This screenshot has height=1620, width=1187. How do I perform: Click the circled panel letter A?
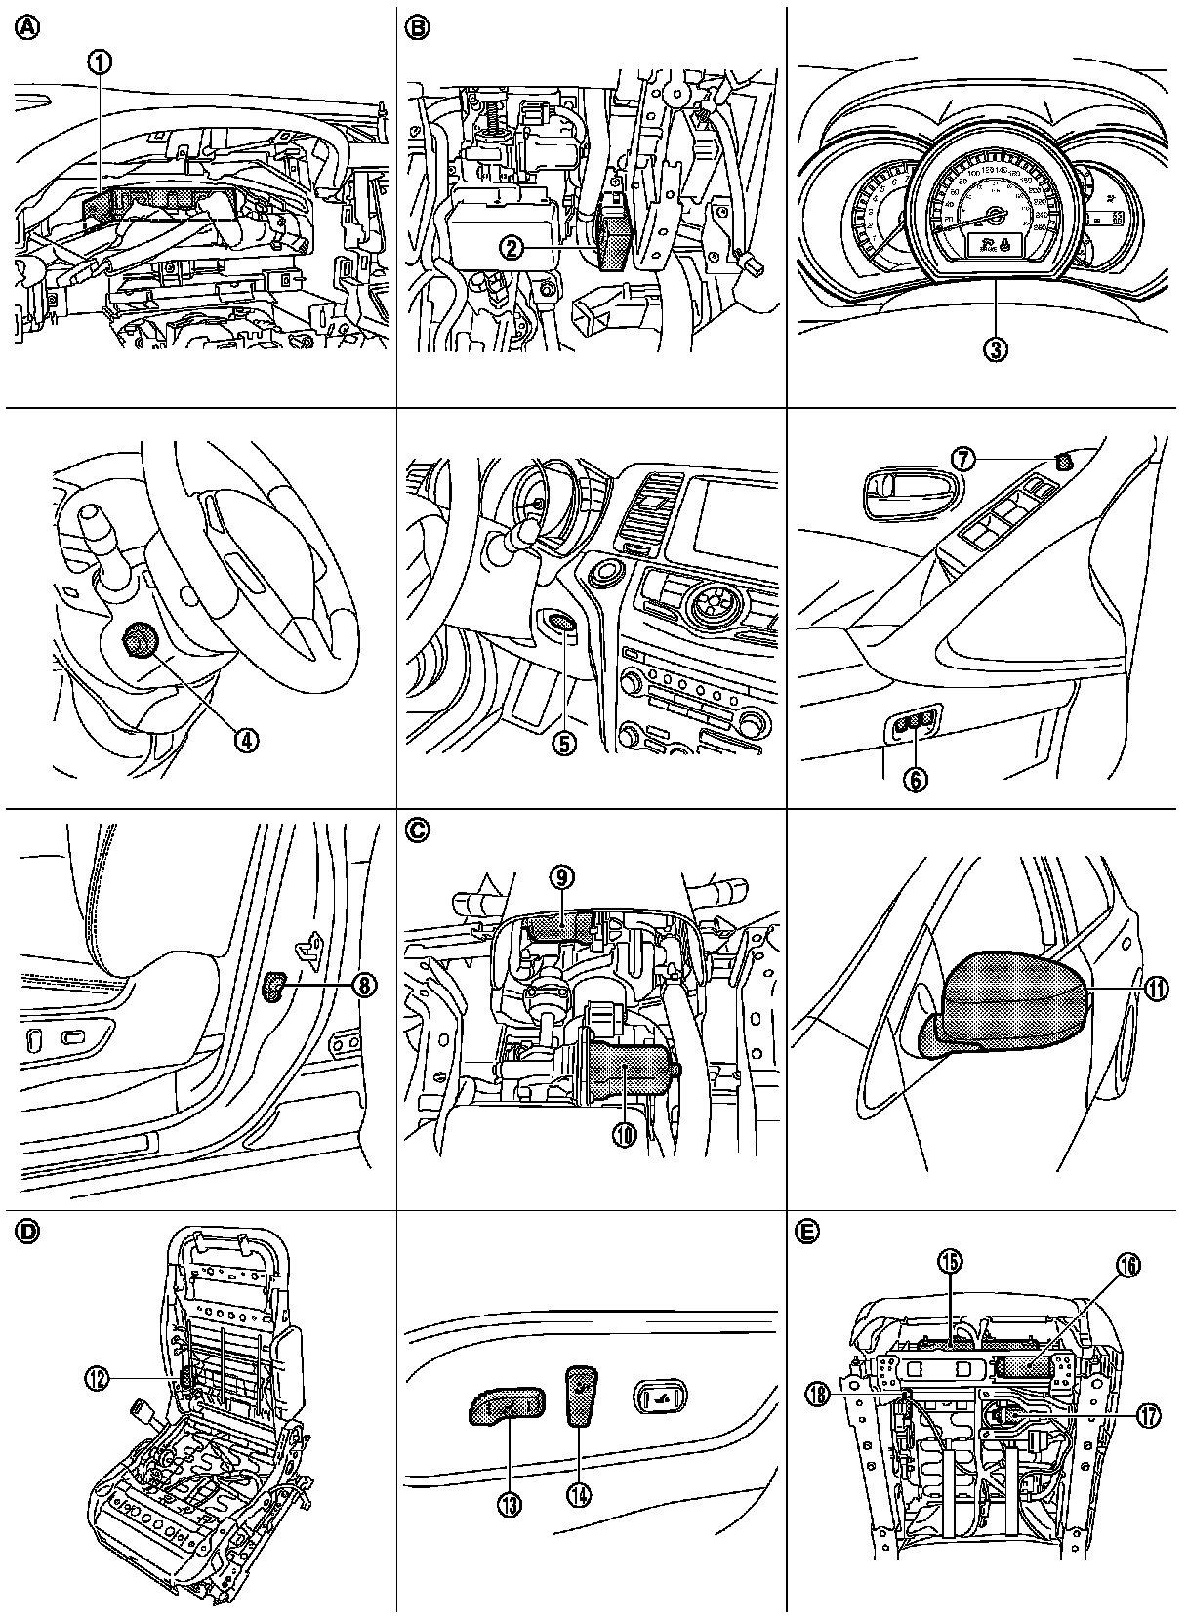tap(25, 28)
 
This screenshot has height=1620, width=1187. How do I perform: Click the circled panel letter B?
tap(417, 28)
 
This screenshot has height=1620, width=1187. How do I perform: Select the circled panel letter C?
tap(417, 830)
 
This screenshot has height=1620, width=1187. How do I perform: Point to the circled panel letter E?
tap(806, 1233)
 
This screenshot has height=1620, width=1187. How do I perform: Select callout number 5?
tap(564, 743)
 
